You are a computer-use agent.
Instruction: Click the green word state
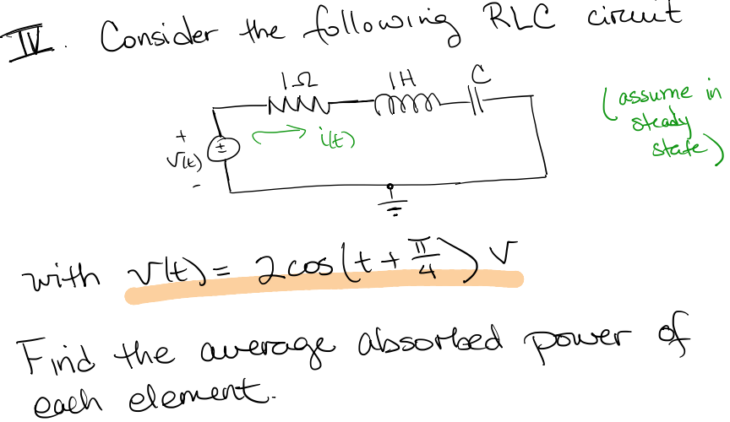[671, 153]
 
